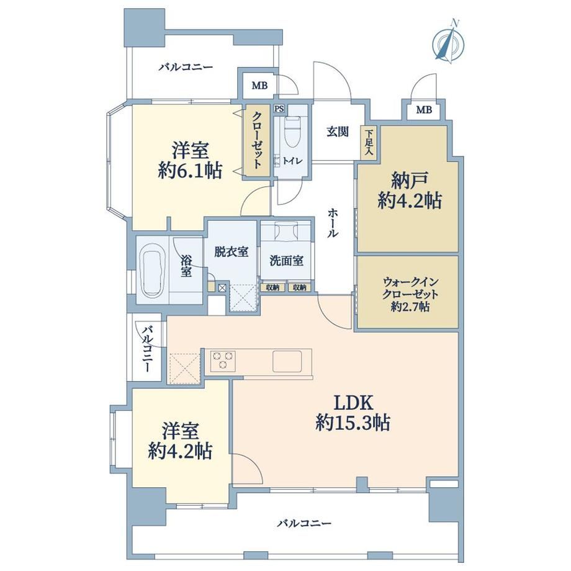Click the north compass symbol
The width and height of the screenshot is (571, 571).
point(448,42)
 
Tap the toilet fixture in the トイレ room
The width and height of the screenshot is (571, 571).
point(291,133)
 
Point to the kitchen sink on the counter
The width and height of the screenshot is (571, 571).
point(287,361)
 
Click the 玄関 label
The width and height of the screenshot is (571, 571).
point(338,132)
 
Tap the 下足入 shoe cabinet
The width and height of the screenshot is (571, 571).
point(369,142)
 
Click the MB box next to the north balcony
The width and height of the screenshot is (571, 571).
point(259,85)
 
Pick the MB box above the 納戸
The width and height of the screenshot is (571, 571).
point(423,109)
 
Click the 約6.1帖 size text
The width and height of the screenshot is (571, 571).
point(190,170)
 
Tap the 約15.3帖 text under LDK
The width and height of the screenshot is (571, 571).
point(352,423)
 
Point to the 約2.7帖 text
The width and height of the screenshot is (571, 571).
point(410,307)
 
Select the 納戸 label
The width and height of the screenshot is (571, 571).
point(409,180)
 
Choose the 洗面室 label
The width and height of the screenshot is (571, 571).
point(286,261)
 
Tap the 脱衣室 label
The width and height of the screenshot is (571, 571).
point(231,251)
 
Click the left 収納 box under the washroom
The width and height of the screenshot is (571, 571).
point(272,287)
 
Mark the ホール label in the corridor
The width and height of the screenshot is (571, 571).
point(332,223)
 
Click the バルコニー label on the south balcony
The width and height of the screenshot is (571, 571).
point(305,524)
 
